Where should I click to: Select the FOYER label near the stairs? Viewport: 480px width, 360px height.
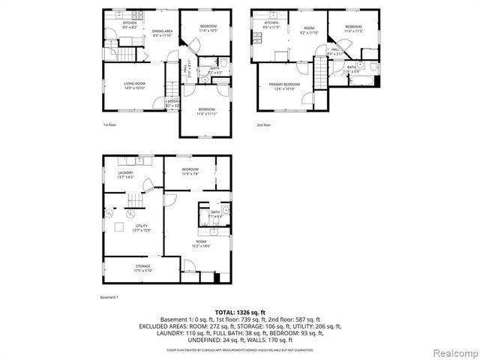tap(172, 103)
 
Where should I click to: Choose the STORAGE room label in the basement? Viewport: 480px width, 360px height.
tap(142, 266)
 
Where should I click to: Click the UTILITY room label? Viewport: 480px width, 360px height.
tap(141, 225)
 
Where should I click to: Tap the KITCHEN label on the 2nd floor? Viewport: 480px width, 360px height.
tap(271, 23)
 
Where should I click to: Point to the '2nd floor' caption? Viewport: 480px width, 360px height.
tap(263, 125)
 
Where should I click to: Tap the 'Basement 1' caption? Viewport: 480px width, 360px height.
tap(109, 297)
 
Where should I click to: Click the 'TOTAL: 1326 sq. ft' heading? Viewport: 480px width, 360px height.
tap(239, 311)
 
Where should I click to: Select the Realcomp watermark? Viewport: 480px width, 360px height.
tap(453, 351)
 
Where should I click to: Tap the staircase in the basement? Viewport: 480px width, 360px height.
tap(135, 201)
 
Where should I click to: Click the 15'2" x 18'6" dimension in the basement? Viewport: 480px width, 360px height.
tap(200, 245)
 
